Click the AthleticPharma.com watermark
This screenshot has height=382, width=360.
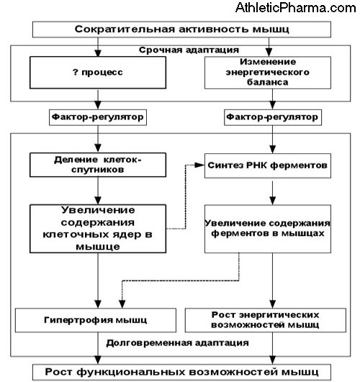click(302, 9)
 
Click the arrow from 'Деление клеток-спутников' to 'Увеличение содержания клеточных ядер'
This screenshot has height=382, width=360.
click(97, 191)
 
